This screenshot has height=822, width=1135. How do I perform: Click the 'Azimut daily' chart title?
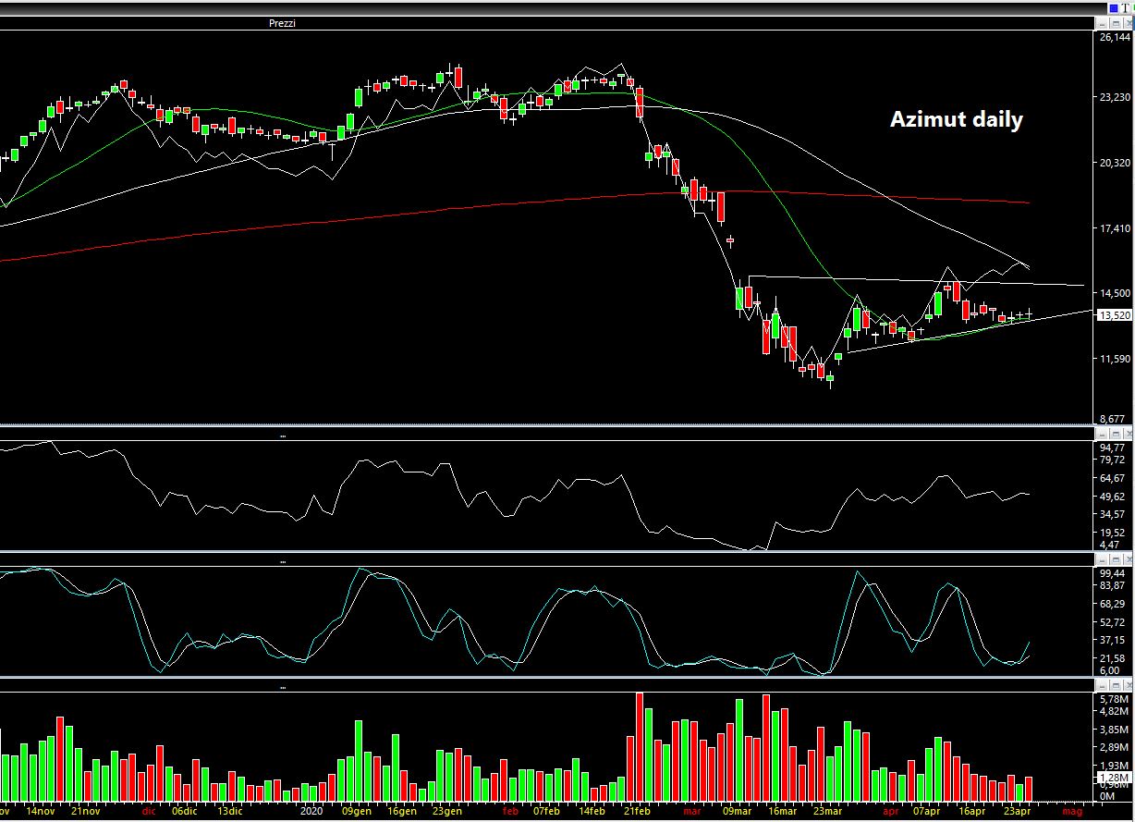956,120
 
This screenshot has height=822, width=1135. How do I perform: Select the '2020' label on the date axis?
312,812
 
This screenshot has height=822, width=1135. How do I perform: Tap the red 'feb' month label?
509,812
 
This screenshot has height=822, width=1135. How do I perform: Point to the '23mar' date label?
825,812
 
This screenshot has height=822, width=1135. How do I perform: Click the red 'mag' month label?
1072,812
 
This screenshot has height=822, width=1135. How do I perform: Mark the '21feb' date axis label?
636,812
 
